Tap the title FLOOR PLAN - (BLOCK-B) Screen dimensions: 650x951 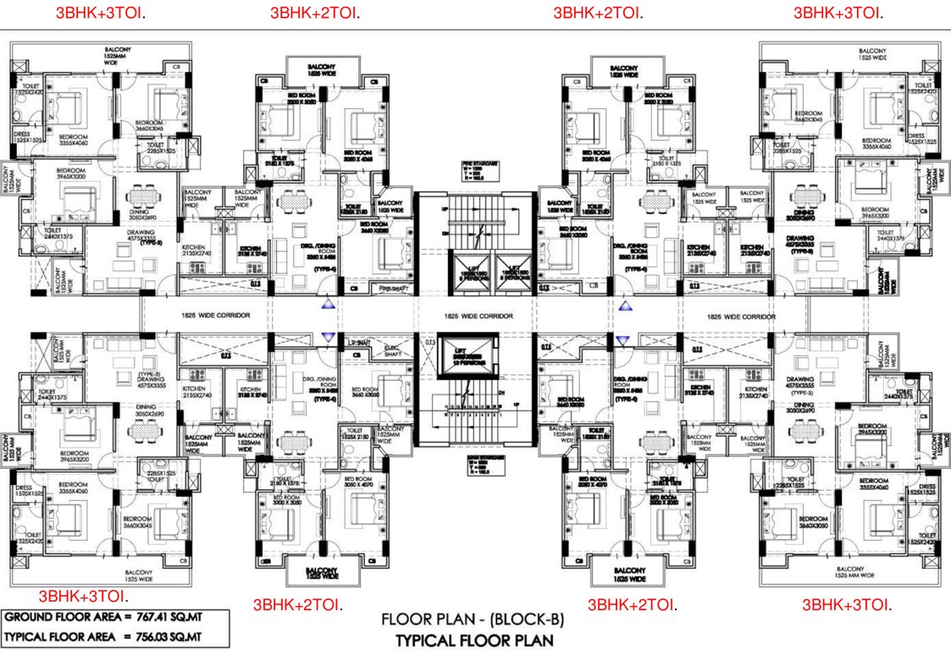473,619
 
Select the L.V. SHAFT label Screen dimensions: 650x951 360,342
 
